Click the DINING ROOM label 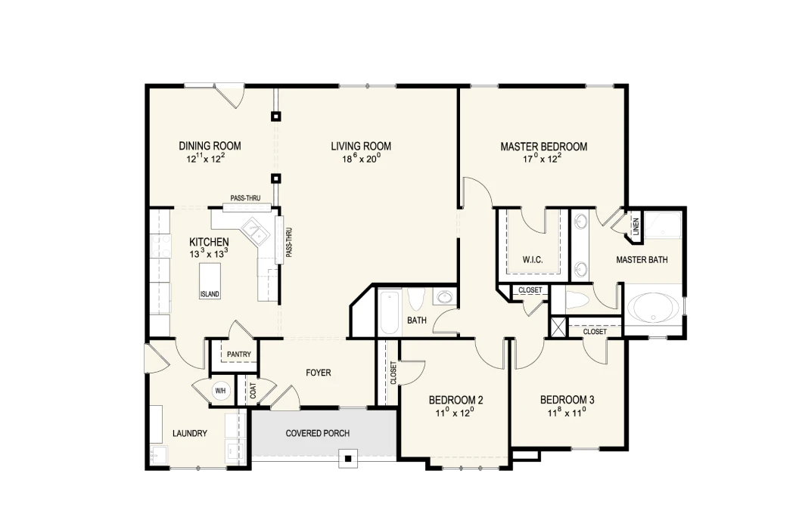click(x=210, y=146)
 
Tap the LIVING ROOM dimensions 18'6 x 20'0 click(x=361, y=159)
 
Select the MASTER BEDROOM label click(x=544, y=147)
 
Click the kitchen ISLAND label click(x=210, y=294)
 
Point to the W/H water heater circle click(x=220, y=391)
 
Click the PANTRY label click(x=238, y=355)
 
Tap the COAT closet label click(x=253, y=390)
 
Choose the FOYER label click(x=319, y=373)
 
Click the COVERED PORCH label click(x=317, y=433)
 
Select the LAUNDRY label click(x=190, y=433)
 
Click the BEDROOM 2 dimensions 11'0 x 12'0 click(x=455, y=413)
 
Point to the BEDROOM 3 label click(x=567, y=400)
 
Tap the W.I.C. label click(x=533, y=260)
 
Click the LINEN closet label click(x=636, y=226)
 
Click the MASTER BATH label click(x=642, y=260)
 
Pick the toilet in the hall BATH click(x=416, y=299)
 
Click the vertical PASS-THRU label click(x=288, y=243)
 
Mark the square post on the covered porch click(x=348, y=460)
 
